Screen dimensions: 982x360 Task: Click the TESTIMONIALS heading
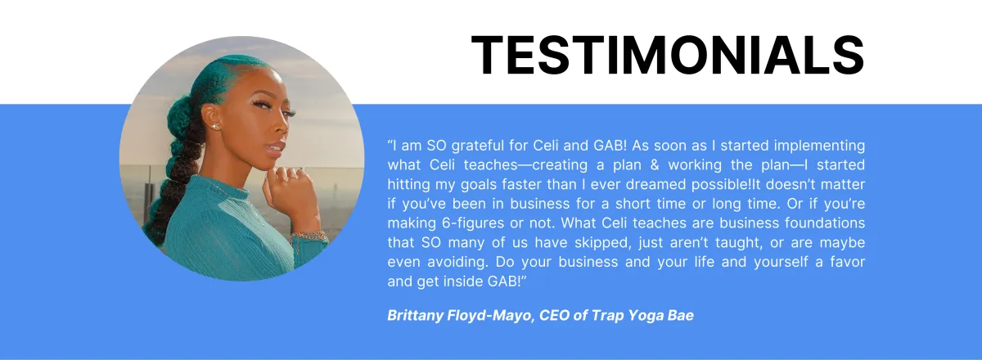click(667, 56)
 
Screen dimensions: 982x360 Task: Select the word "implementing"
click(819, 146)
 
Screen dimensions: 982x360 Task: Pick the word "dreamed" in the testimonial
click(655, 185)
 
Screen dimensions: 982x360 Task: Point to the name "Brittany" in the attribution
click(415, 315)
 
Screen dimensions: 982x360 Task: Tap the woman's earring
click(215, 127)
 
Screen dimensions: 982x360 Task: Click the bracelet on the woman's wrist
click(309, 236)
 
